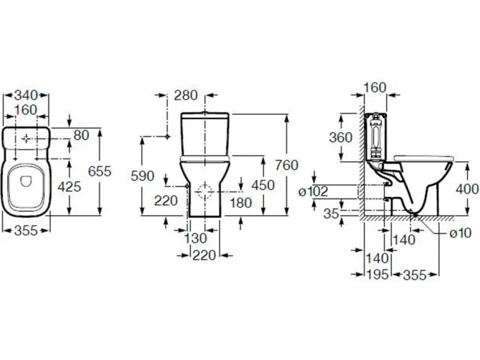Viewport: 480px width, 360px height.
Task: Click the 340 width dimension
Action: [26, 95]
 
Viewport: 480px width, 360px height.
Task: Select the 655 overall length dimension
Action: [99, 171]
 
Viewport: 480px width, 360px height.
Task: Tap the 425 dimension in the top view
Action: [69, 186]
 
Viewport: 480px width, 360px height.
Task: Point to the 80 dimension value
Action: [82, 135]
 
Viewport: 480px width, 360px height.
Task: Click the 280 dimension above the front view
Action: [186, 95]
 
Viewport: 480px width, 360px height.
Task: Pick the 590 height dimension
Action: [143, 176]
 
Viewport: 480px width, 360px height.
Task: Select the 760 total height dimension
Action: [287, 165]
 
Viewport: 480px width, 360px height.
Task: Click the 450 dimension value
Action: [263, 185]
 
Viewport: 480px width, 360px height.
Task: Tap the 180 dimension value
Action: [240, 203]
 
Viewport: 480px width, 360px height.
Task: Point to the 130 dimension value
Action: [195, 238]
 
